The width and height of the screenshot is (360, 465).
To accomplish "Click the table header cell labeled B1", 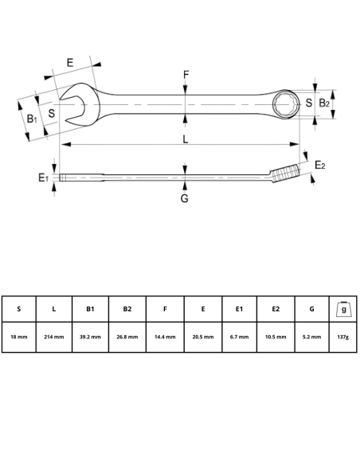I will (x=90, y=309).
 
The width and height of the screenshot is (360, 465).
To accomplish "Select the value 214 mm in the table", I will (x=53, y=337).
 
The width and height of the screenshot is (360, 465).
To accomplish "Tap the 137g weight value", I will (x=342, y=337).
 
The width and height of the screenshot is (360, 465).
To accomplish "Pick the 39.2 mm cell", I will (x=90, y=337).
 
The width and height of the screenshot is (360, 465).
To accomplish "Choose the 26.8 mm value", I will (x=127, y=337).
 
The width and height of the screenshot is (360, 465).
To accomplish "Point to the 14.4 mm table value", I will (x=165, y=337).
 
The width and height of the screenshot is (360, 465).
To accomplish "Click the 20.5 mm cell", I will (x=202, y=337).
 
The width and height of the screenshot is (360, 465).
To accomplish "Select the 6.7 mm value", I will (x=239, y=337).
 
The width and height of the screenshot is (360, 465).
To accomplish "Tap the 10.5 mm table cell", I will (x=276, y=337).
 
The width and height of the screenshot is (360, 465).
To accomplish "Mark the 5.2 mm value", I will (x=312, y=337).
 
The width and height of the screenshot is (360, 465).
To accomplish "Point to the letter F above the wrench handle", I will (x=186, y=76).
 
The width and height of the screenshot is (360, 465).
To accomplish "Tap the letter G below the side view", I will (x=184, y=197).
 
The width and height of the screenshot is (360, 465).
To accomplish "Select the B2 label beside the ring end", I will (x=324, y=103).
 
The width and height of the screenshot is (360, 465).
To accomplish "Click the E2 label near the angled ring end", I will (x=319, y=165).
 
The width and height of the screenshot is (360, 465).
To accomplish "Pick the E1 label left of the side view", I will (x=44, y=178).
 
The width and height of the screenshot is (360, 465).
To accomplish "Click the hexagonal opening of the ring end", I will (x=284, y=103).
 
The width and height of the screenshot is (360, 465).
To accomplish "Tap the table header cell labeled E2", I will (x=276, y=309).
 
